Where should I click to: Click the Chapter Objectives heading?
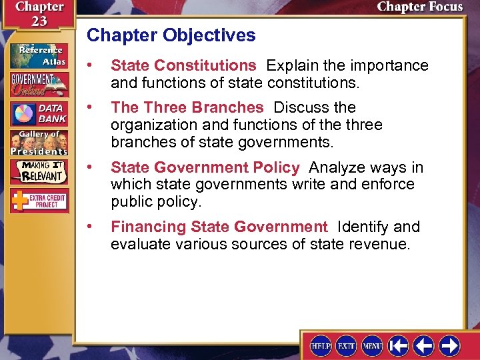pyautogui.click(x=171, y=35)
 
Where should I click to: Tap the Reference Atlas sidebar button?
pyautogui.click(x=39, y=57)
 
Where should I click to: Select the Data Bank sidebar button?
pyautogui.click(x=39, y=114)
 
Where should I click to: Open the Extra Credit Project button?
pyautogui.click(x=39, y=201)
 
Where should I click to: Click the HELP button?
pyautogui.click(x=321, y=346)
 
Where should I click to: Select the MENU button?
pyautogui.click(x=372, y=346)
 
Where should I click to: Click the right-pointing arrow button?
pyautogui.click(x=450, y=346)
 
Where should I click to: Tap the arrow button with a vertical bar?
pyautogui.click(x=399, y=346)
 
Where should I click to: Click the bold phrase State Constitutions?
pyautogui.click(x=183, y=65)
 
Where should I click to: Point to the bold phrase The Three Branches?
pyautogui.click(x=187, y=107)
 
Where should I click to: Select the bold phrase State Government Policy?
pyautogui.click(x=205, y=167)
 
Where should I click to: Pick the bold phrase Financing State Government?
pyautogui.click(x=219, y=227)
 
